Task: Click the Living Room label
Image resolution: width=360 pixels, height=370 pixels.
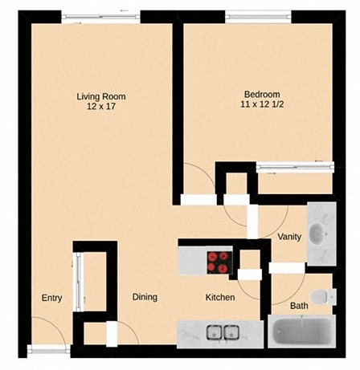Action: (x=100, y=97)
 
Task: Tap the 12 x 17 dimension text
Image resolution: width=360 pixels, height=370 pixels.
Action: (x=100, y=108)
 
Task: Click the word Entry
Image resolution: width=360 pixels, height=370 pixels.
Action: (x=51, y=298)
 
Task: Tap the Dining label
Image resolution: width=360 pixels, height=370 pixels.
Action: (x=145, y=297)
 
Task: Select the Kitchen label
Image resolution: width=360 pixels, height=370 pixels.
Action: (x=219, y=297)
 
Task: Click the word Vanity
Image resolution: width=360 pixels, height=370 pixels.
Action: (x=288, y=237)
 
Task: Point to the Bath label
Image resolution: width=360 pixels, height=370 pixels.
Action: (x=298, y=306)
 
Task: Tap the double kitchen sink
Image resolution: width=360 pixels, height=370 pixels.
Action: (x=223, y=331)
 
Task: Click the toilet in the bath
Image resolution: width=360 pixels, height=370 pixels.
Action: (x=322, y=296)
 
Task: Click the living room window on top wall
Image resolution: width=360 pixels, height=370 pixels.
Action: (x=100, y=16)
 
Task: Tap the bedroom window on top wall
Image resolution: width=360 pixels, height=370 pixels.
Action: (x=257, y=14)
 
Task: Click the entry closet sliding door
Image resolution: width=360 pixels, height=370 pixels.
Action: (x=78, y=281)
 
